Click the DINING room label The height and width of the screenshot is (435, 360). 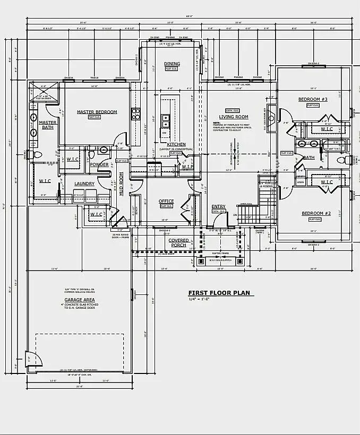pos(172,64)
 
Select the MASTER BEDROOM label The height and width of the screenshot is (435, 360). pos(97,112)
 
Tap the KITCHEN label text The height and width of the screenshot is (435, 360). pos(176,144)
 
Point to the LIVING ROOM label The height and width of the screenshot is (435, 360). pos(234,117)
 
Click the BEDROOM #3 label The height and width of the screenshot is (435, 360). pos(313,100)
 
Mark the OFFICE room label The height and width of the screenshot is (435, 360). pos(166,201)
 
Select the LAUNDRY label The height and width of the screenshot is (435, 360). pos(84,184)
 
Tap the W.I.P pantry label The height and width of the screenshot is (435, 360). pos(187,167)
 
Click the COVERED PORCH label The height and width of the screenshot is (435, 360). pos(178,242)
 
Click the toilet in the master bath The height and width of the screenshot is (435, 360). pos(37,155)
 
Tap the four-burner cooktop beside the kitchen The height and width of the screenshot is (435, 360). pos(135,114)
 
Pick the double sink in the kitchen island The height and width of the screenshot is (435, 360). pos(165,121)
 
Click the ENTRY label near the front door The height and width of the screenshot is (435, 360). pos(218,206)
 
